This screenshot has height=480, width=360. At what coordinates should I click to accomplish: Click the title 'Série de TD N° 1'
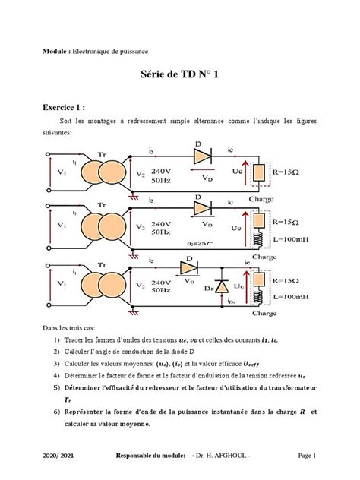[x=179, y=75]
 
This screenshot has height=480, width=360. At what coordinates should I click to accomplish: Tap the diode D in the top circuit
[x=201, y=156]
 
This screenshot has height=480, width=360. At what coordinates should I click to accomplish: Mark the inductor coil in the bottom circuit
[x=259, y=297]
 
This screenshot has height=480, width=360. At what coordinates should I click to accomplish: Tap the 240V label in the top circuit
[x=163, y=171]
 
